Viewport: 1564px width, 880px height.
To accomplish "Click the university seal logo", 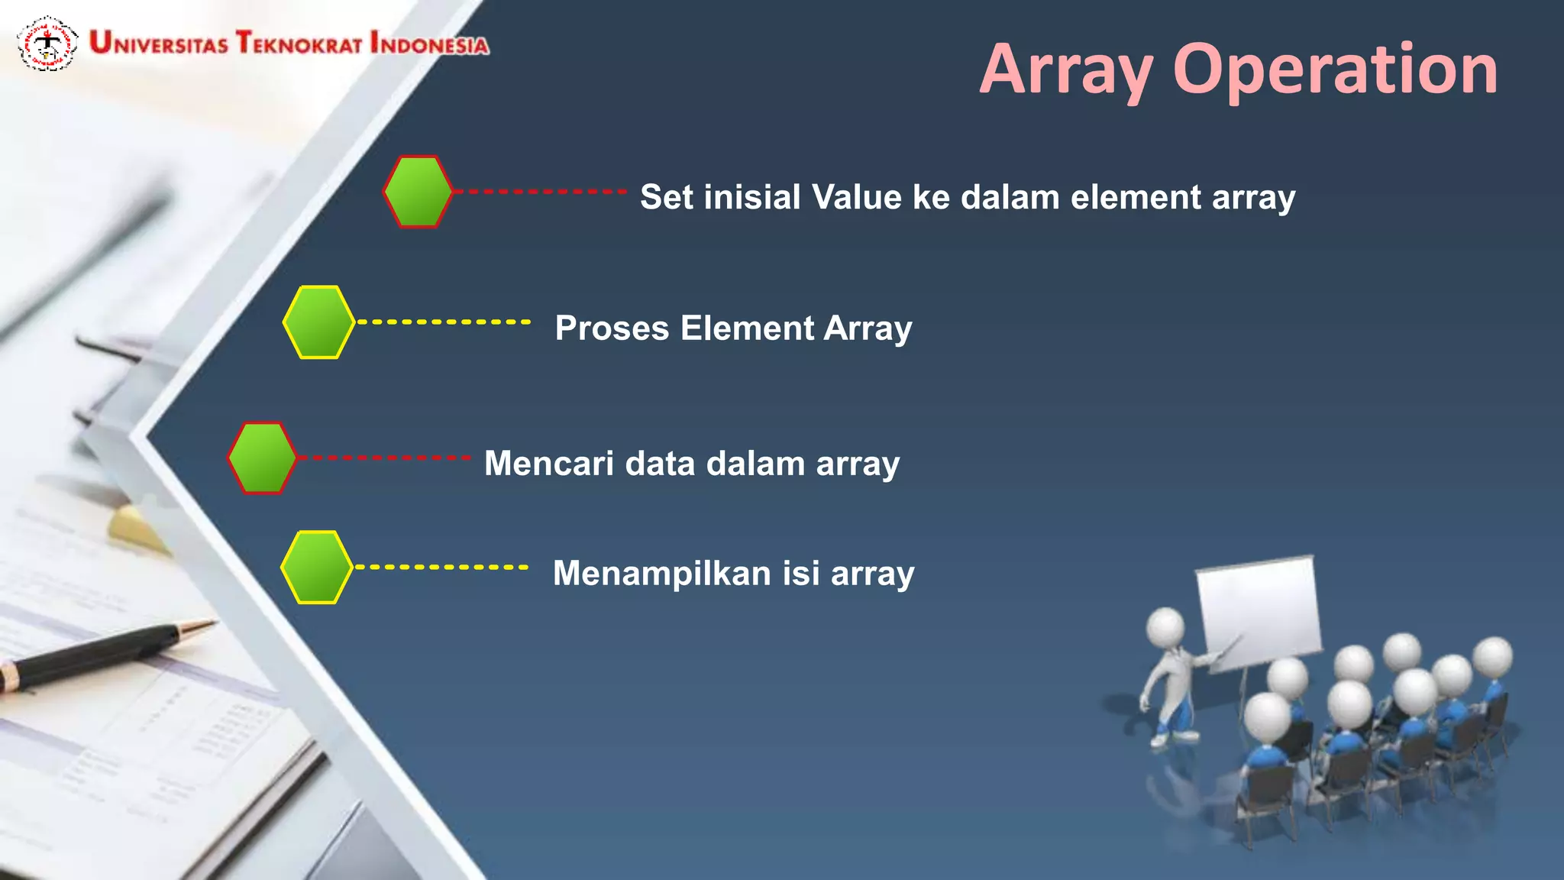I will point(47,44).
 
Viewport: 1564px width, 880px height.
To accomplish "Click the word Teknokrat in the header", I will point(299,43).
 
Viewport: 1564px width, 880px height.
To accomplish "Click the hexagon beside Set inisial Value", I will point(418,192).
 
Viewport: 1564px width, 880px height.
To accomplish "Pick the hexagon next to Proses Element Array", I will point(318,322).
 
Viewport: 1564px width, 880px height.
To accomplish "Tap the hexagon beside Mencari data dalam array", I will point(262,458).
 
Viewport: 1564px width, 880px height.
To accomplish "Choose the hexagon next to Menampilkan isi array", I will point(316,568).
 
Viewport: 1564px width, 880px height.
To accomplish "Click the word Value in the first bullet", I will point(856,197).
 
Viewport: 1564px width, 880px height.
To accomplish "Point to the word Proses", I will point(612,328).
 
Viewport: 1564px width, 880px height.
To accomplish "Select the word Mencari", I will point(548,464).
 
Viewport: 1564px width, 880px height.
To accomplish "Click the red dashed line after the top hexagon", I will point(541,192).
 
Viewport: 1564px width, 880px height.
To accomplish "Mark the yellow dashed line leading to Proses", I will point(444,322).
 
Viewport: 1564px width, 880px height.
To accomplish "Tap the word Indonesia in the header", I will point(429,44).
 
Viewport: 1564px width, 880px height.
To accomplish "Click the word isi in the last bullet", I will point(801,574).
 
